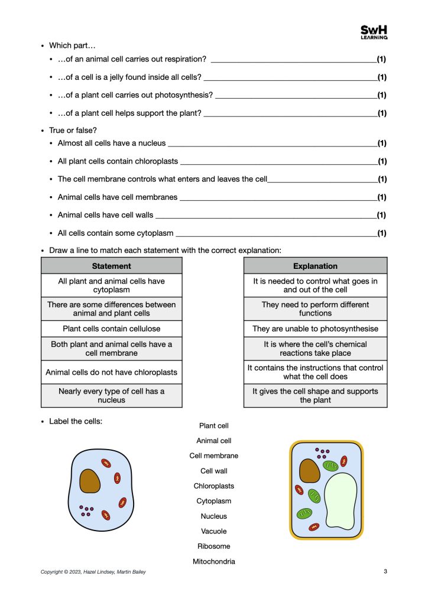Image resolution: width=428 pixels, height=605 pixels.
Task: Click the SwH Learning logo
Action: tap(374, 32)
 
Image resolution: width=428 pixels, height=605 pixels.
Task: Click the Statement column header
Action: tap(111, 266)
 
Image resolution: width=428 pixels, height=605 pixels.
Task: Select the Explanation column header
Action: tap(315, 266)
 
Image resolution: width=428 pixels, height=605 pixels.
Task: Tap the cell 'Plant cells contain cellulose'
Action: tap(111, 328)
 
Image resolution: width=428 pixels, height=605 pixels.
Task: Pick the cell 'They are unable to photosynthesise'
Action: tap(315, 328)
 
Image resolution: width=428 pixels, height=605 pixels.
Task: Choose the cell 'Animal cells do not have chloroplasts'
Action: tap(111, 372)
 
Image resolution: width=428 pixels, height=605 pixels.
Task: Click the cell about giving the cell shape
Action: tap(315, 395)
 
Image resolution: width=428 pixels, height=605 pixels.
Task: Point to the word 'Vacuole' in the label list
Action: tap(213, 531)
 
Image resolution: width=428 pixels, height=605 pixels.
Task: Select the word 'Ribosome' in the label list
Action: tap(213, 547)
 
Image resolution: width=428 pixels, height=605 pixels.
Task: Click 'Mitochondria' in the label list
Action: tap(213, 561)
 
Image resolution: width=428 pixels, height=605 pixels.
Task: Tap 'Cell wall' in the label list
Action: tap(213, 471)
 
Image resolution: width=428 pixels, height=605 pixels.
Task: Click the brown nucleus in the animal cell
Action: tap(90, 481)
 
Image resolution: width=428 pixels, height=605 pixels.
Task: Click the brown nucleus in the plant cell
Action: tap(309, 470)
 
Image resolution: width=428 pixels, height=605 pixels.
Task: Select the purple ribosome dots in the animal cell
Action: tap(86, 510)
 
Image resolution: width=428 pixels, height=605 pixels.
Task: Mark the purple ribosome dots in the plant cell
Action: tap(323, 453)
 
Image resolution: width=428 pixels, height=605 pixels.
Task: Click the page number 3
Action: tap(385, 571)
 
